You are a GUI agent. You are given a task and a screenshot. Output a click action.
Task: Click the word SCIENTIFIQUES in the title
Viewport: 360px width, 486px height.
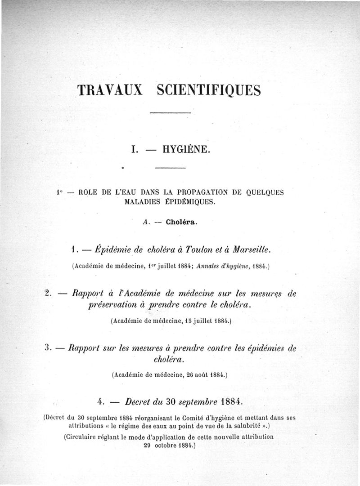click(x=209, y=89)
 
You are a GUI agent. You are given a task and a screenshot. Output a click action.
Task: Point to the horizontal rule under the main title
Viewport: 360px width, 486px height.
click(x=170, y=112)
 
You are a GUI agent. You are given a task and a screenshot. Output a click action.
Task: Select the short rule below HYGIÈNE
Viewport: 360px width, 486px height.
click(x=170, y=168)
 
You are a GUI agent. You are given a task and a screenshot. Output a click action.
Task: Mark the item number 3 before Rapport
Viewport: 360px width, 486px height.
click(x=49, y=348)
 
